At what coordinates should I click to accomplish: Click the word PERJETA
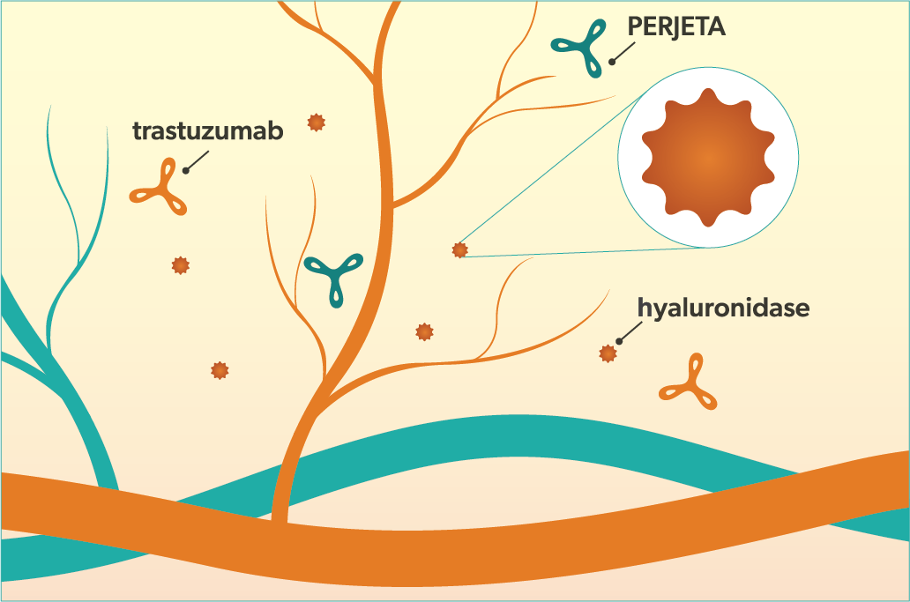(x=675, y=27)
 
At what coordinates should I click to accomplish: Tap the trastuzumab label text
(x=208, y=131)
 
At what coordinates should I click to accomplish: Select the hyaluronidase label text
(x=723, y=308)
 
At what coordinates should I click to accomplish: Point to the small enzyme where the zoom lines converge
(x=459, y=250)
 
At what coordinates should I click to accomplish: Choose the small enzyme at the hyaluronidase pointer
(x=607, y=353)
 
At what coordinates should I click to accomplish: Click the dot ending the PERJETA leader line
(x=610, y=60)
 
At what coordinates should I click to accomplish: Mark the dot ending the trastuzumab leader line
(x=186, y=169)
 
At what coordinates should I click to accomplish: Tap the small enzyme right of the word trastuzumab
(x=316, y=123)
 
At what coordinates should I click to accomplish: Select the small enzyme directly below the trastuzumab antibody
(x=181, y=264)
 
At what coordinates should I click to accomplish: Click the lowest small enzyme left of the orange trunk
(x=220, y=370)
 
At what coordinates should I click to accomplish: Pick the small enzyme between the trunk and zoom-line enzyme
(x=424, y=331)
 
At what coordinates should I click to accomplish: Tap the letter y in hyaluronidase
(x=660, y=311)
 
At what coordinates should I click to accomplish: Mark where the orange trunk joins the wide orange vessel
(x=280, y=516)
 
